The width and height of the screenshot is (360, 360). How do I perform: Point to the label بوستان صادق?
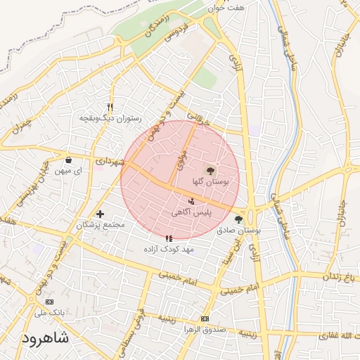tap(238, 230)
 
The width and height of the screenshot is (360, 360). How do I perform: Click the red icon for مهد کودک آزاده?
tap(168, 238)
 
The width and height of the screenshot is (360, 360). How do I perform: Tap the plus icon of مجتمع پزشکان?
tap(100, 214)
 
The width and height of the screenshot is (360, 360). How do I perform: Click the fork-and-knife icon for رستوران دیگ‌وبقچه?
tap(110, 107)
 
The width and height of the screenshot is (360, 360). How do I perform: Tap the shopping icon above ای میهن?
tap(67, 159)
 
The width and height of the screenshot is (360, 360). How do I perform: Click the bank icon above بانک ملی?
tap(49, 301)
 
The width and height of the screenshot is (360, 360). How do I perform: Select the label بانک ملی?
tap(49, 311)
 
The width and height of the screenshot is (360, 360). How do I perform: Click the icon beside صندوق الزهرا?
tap(205, 319)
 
